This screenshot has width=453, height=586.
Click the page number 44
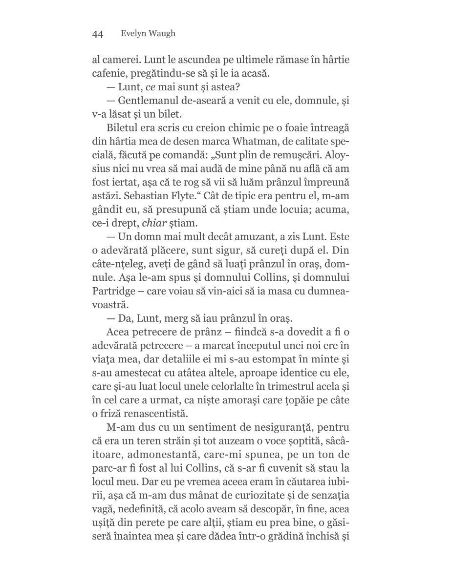(97, 34)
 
